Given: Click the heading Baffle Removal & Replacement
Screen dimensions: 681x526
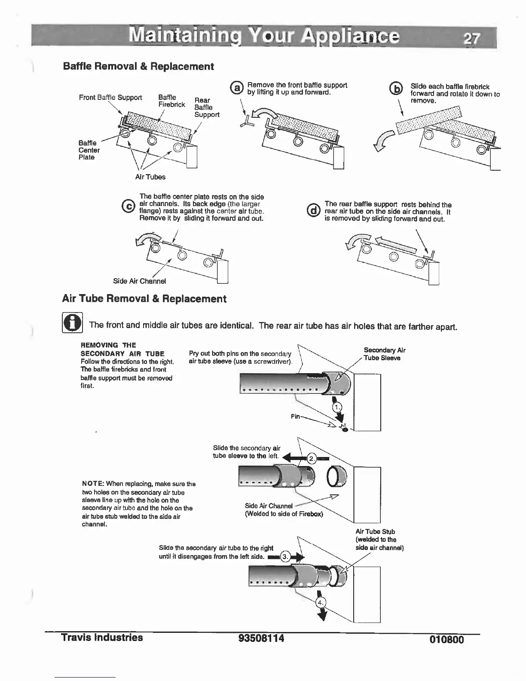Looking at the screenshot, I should [138, 66].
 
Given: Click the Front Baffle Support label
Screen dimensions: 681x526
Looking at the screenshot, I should [110, 98].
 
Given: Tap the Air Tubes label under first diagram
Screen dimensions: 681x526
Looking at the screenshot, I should [150, 177].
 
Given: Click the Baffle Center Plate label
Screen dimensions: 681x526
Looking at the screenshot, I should [89, 150].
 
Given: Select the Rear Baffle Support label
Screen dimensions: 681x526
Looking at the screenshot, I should [206, 107].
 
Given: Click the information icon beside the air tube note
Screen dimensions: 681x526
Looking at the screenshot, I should [72, 323].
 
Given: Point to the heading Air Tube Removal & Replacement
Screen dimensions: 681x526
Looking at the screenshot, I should [144, 299].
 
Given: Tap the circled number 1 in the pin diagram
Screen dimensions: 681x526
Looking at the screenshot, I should [338, 408].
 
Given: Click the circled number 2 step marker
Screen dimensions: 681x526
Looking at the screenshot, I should [311, 459].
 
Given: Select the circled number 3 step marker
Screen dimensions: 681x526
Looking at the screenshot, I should [285, 557].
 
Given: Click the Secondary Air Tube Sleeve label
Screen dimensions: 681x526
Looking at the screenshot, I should [384, 354].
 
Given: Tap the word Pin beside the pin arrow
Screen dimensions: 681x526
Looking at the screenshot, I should [296, 416].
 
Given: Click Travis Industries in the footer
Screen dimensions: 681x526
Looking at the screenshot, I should [102, 637].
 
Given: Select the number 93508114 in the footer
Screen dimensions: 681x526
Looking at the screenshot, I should [261, 638].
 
